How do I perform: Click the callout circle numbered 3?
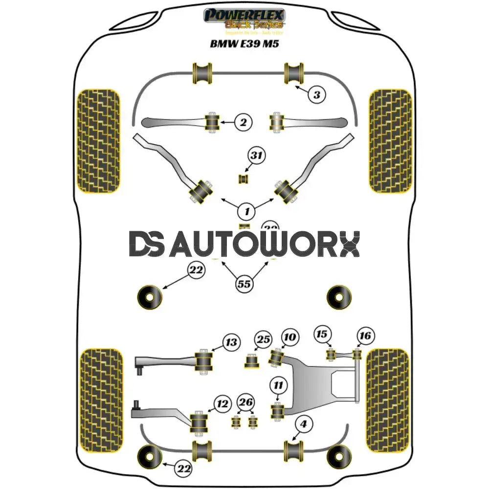[317, 94]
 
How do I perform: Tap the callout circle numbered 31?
[256, 156]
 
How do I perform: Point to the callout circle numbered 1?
[247, 211]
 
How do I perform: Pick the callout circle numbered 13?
[231, 342]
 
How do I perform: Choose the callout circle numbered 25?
[264, 340]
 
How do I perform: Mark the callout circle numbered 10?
[289, 337]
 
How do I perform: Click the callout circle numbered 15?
[321, 334]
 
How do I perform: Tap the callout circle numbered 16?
[365, 336]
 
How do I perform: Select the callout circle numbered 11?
[278, 385]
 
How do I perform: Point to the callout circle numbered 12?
[222, 404]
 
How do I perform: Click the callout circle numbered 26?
[246, 402]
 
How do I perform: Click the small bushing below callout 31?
[244, 179]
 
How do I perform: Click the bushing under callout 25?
[252, 362]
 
